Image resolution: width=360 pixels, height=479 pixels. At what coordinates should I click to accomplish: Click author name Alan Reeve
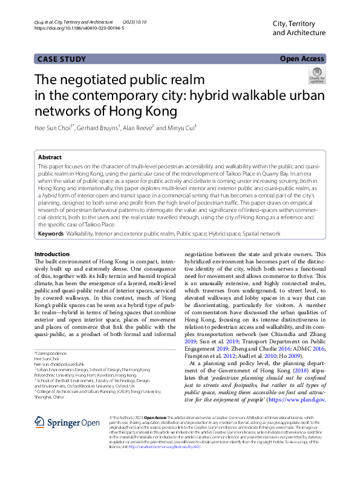click(x=140, y=128)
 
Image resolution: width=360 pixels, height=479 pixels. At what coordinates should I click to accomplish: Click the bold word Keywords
click(x=50, y=233)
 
